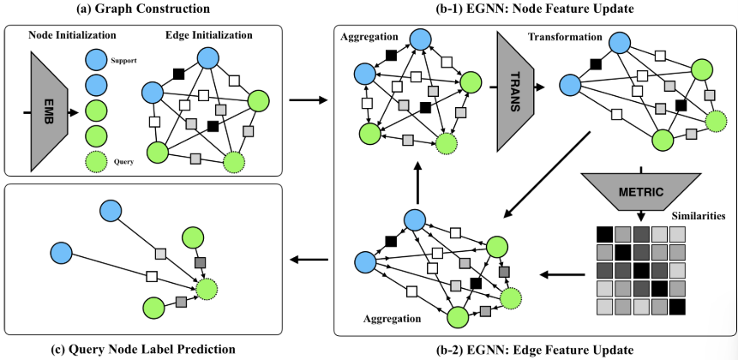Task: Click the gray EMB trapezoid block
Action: (x=50, y=111)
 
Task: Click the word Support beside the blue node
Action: (x=123, y=61)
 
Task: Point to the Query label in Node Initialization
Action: (x=123, y=162)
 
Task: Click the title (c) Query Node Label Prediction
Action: (x=142, y=350)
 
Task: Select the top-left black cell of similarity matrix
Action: (x=604, y=234)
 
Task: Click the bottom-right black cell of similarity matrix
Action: (x=677, y=308)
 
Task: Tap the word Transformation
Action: (x=565, y=36)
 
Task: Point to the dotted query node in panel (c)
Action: (x=207, y=290)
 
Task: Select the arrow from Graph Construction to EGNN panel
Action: (x=308, y=100)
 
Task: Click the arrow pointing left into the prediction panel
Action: (x=309, y=260)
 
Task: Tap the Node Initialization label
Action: (x=72, y=35)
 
